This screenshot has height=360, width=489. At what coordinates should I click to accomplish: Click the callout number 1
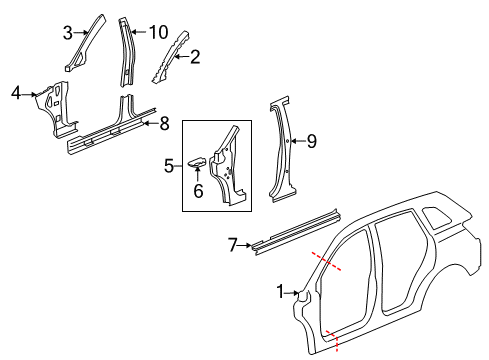click(280, 292)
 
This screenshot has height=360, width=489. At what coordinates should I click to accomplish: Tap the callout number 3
click(67, 33)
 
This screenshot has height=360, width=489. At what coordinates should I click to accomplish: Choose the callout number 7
click(232, 243)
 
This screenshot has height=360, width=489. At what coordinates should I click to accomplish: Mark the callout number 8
click(165, 124)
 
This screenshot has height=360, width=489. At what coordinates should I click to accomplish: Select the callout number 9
click(311, 142)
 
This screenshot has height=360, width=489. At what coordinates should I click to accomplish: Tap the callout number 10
click(158, 32)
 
